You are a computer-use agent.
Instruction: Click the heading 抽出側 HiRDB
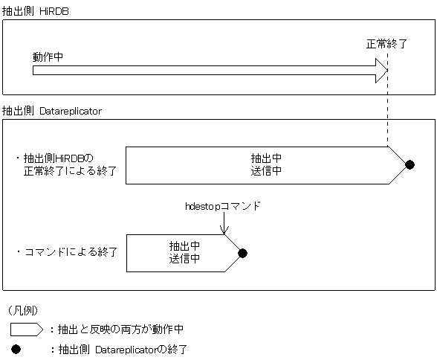36,10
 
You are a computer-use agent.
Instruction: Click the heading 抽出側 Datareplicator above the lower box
52,111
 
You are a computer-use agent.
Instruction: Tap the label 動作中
47,57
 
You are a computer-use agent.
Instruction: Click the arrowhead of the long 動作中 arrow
381,71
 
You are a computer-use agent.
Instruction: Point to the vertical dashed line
387,112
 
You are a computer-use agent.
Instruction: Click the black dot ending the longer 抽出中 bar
410,164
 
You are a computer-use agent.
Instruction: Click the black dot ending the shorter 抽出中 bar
242,253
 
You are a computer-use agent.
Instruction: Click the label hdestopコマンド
223,206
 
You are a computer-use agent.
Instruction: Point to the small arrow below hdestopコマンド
223,225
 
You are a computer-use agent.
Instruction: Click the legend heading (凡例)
22,309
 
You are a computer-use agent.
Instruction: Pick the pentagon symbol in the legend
27,329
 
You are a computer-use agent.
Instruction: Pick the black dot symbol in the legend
16,348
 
